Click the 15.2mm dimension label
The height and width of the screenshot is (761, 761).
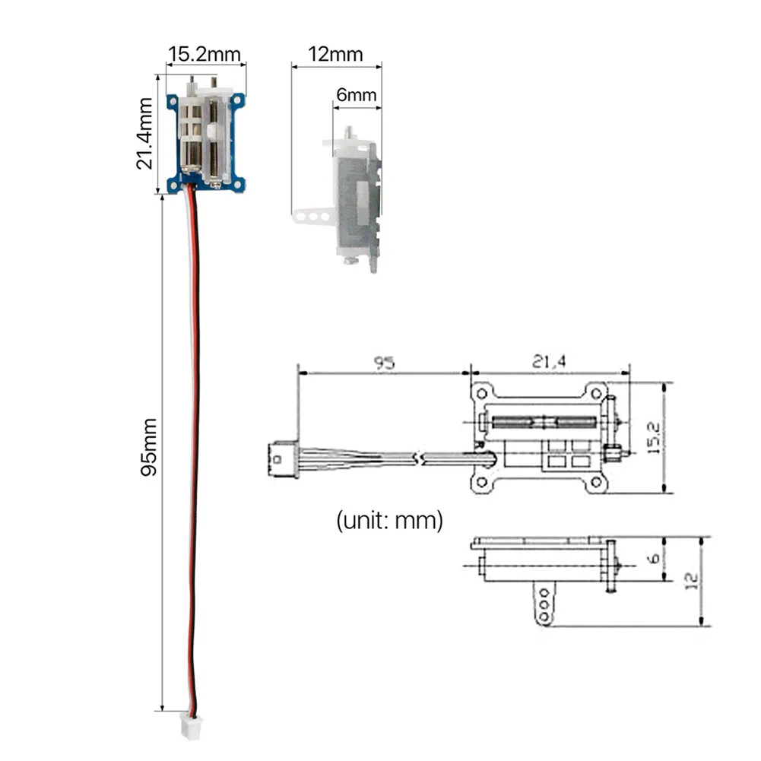click(x=205, y=54)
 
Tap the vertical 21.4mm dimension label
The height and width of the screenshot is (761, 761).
click(x=144, y=134)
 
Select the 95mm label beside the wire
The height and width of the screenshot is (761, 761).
click(x=148, y=447)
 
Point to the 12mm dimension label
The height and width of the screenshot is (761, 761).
click(x=335, y=54)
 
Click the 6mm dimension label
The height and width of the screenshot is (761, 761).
click(x=357, y=94)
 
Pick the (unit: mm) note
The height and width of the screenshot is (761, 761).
click(x=390, y=520)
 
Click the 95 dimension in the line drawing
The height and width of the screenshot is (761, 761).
click(x=385, y=363)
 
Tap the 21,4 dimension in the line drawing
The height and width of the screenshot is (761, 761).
click(x=549, y=362)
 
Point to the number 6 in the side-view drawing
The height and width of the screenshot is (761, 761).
click(x=654, y=558)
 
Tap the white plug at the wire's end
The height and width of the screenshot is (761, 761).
click(x=190, y=726)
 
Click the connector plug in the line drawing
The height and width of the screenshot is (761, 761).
click(x=284, y=459)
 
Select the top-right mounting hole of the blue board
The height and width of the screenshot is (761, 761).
click(x=237, y=100)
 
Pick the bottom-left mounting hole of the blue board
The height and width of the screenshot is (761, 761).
click(x=173, y=185)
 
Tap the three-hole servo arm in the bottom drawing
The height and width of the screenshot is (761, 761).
click(x=544, y=604)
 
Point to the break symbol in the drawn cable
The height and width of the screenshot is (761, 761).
click(x=419, y=458)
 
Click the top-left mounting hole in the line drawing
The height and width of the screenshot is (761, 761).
click(x=482, y=394)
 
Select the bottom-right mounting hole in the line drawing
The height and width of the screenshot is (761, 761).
click(x=596, y=483)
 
